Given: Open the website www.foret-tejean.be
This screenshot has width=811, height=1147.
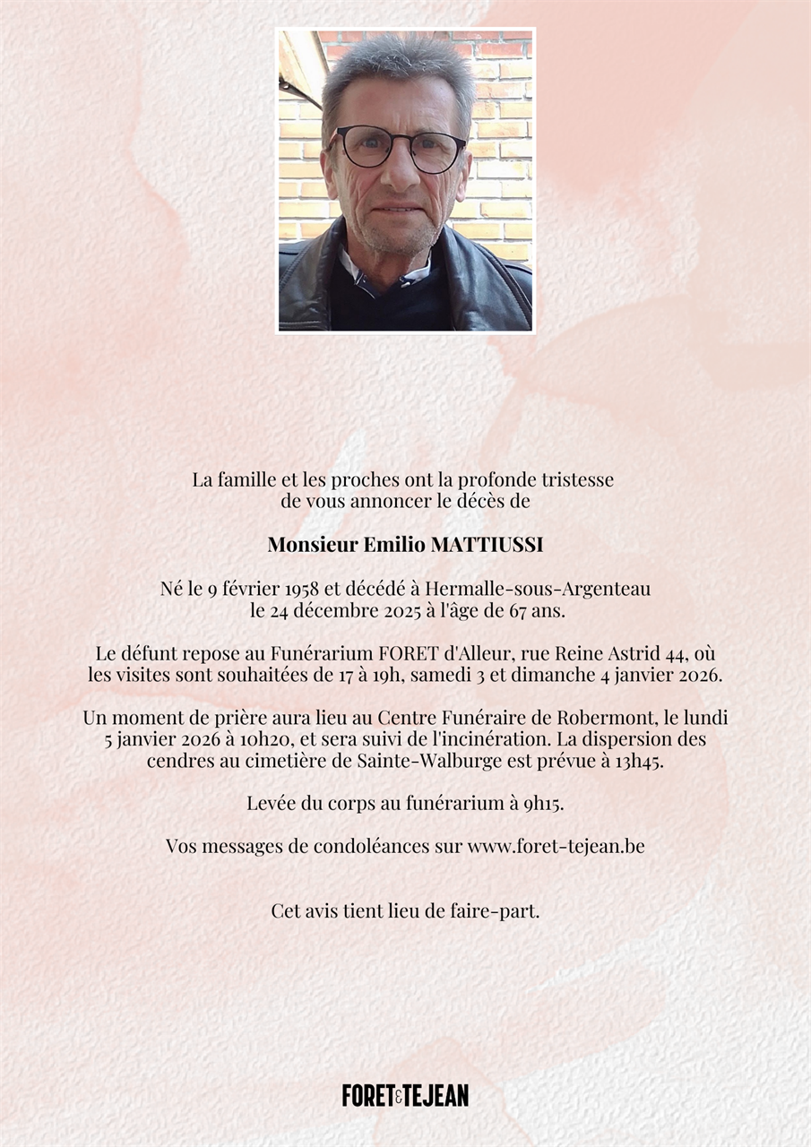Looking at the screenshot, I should click(x=556, y=846).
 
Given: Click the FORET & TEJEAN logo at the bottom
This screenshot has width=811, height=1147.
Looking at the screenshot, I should click(x=405, y=1095).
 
